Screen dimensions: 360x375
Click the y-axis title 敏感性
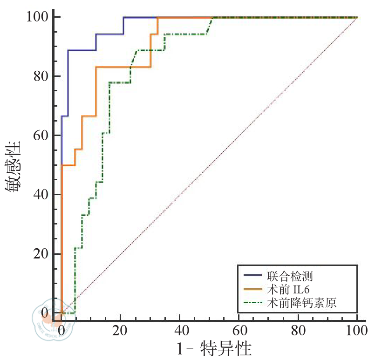pos(14,165)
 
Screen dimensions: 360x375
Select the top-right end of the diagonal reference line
pos(356,18)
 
